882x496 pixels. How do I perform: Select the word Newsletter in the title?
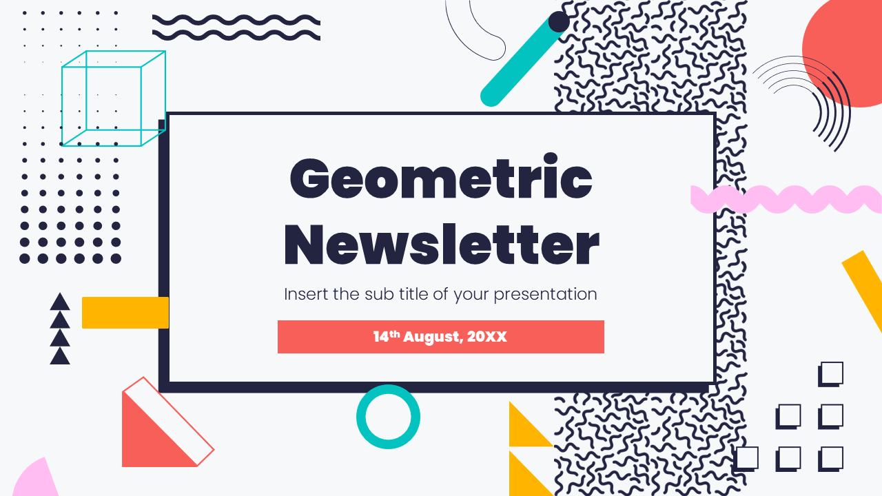441,244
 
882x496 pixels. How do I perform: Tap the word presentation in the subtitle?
545,294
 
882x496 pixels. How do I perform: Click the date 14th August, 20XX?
440,337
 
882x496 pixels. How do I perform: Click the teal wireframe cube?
113,98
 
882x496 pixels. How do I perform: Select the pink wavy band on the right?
786,199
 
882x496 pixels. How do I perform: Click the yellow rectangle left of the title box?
125,313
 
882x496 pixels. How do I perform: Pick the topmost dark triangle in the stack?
60,302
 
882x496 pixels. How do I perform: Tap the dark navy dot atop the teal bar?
558,22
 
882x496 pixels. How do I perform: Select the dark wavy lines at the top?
236,28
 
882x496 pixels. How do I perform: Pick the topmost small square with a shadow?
831,373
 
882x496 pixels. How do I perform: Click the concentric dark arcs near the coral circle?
813,96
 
